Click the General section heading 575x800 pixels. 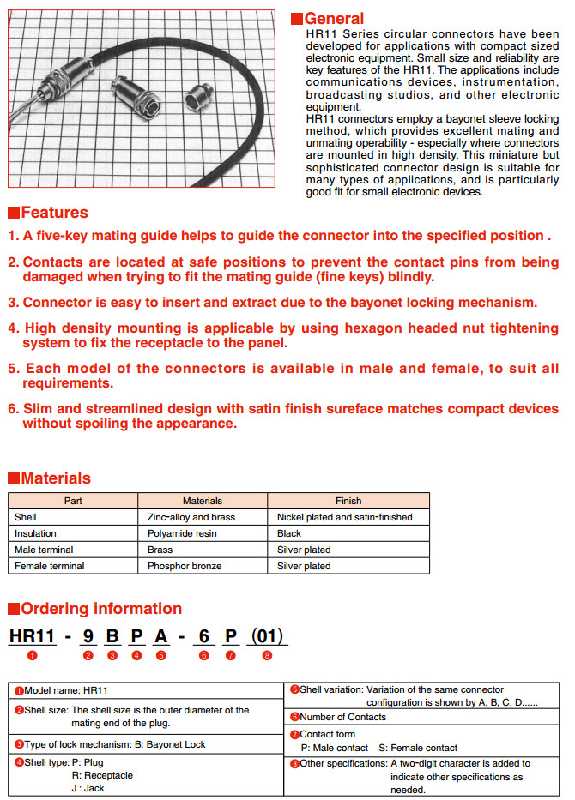(334, 18)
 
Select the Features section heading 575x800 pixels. (54, 213)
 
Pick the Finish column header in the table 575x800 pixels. (348, 501)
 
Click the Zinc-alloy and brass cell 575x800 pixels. (191, 517)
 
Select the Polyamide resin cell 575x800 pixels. (182, 533)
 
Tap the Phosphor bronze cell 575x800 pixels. (185, 566)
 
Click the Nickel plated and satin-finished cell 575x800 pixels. (344, 517)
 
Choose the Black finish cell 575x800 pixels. (289, 533)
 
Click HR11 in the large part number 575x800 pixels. (32, 636)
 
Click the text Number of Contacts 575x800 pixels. (342, 717)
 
